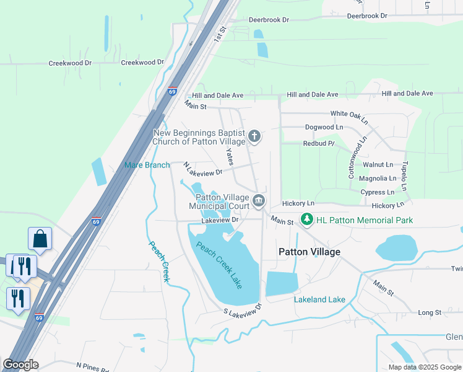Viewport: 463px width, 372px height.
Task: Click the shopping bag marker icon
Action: tap(40, 239)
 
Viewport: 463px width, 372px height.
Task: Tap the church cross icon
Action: tap(254, 136)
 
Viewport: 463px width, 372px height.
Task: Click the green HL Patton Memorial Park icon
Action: tap(306, 219)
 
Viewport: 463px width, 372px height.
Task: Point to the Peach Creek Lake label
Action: tap(219, 265)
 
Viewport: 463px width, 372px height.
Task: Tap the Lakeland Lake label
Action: tap(319, 299)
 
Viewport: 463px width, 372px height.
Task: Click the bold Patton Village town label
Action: tap(309, 252)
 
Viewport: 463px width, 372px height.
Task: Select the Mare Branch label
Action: tap(147, 165)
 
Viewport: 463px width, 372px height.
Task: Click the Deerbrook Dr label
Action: tap(269, 20)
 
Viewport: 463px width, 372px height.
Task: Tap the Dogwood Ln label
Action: tap(324, 127)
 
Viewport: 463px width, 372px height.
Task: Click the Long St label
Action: tap(430, 312)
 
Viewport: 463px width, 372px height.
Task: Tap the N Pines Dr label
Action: tap(92, 366)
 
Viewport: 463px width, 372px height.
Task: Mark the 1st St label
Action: tap(219, 33)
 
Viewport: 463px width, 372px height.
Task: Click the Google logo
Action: tap(20, 365)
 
